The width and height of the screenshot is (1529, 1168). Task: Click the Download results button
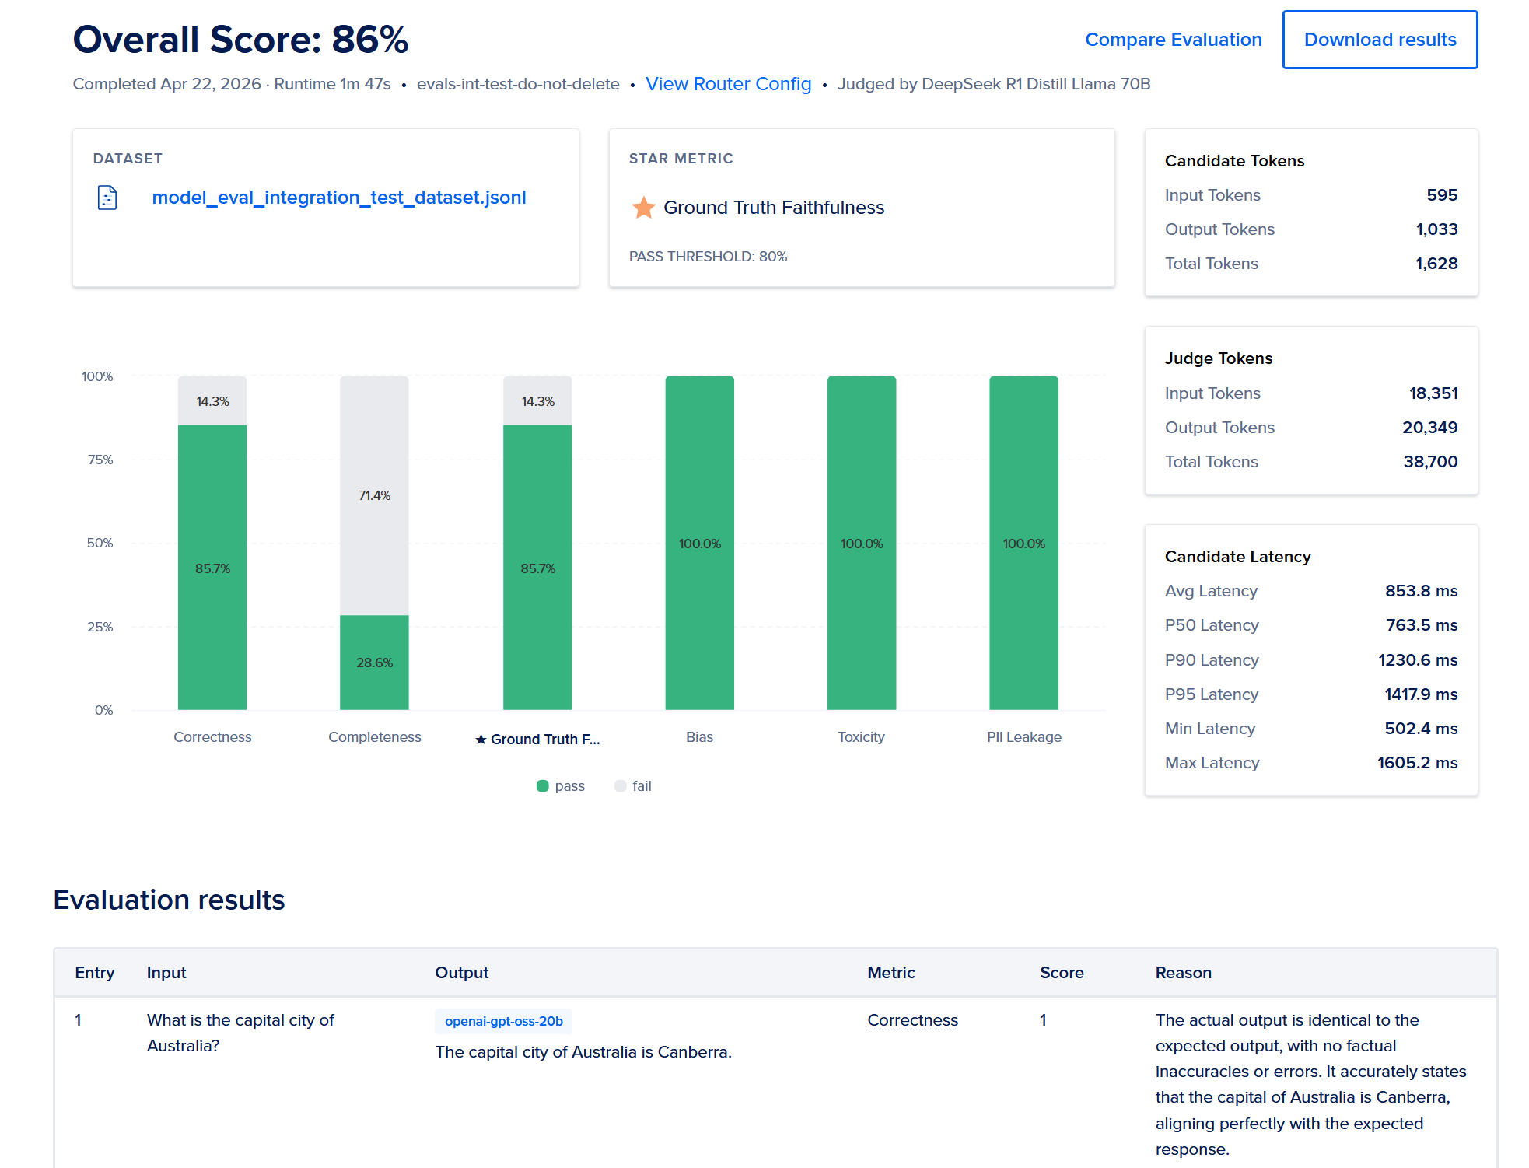point(1379,40)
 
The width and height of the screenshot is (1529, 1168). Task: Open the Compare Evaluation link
point(1173,40)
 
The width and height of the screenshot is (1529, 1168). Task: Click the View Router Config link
point(728,84)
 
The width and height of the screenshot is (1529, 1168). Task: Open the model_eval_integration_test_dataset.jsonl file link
point(338,198)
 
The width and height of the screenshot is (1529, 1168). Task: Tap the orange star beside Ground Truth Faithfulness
point(643,208)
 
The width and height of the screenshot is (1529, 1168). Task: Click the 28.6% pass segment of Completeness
point(374,662)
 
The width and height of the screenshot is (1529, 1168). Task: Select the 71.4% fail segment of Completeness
point(374,495)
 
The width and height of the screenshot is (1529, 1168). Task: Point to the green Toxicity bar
point(861,543)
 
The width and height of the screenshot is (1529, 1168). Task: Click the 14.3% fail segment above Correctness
point(212,401)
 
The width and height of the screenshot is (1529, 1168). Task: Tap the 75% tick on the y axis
point(100,460)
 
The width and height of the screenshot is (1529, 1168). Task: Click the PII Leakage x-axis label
point(1023,736)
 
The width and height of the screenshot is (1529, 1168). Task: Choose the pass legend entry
point(561,786)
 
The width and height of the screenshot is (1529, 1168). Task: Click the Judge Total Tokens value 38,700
point(1429,462)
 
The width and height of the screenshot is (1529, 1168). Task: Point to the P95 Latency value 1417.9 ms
point(1420,694)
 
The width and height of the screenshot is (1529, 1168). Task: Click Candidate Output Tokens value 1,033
point(1436,229)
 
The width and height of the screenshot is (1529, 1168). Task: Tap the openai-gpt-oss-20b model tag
point(503,1021)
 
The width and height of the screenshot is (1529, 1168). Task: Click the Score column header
point(1061,973)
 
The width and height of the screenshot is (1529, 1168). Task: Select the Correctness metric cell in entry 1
point(912,1020)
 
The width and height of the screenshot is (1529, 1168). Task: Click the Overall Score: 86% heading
point(240,40)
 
